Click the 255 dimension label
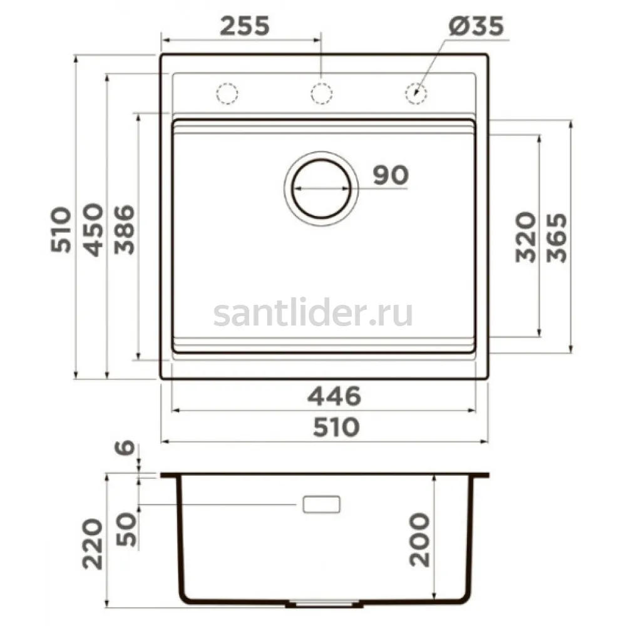tap(245, 26)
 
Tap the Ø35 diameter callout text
tap(476, 26)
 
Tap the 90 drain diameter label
tap(391, 175)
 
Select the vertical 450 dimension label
tap(93, 230)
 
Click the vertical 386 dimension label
tap(124, 230)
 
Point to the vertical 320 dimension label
tap(525, 237)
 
